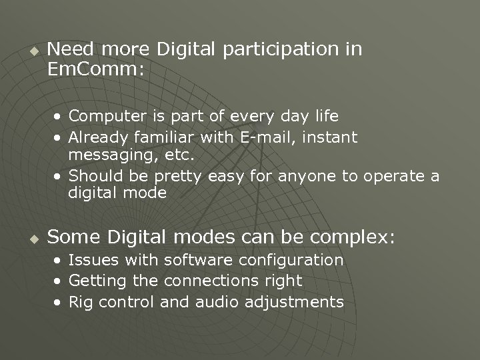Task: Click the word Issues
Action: point(91,260)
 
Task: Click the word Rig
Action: point(80,302)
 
